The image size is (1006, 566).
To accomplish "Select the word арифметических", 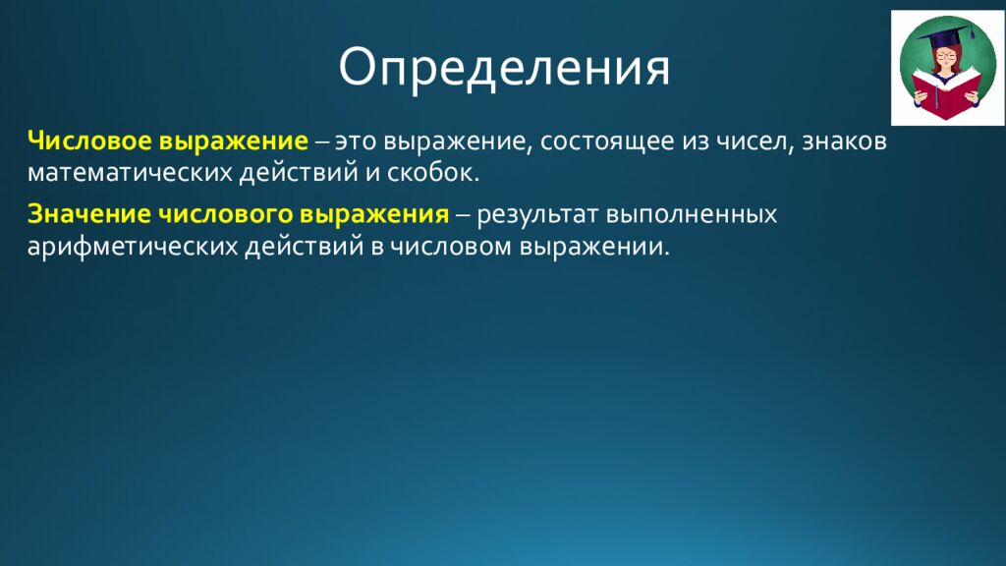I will [130, 247].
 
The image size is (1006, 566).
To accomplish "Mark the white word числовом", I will [443, 247].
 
